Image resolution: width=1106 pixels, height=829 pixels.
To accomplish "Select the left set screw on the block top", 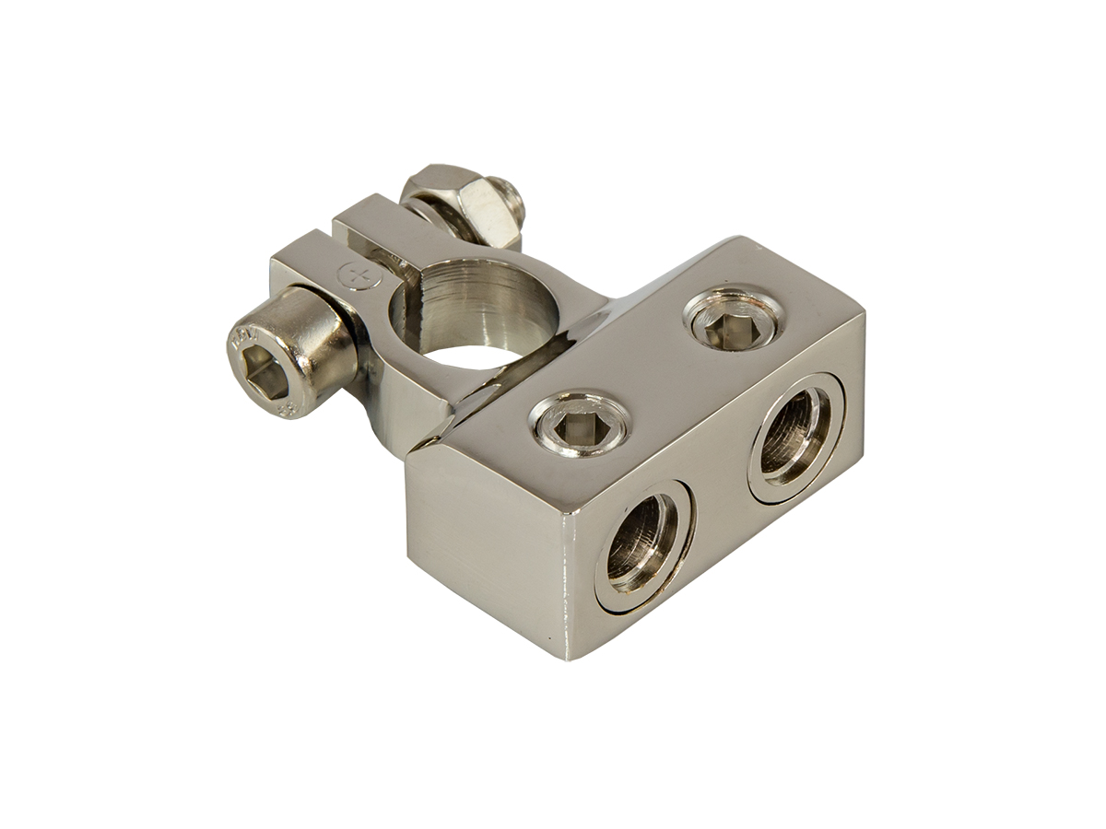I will tap(580, 425).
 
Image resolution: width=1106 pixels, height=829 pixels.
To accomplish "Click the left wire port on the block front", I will tap(642, 544).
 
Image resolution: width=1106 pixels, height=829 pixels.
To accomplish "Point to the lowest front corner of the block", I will tap(561, 657).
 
